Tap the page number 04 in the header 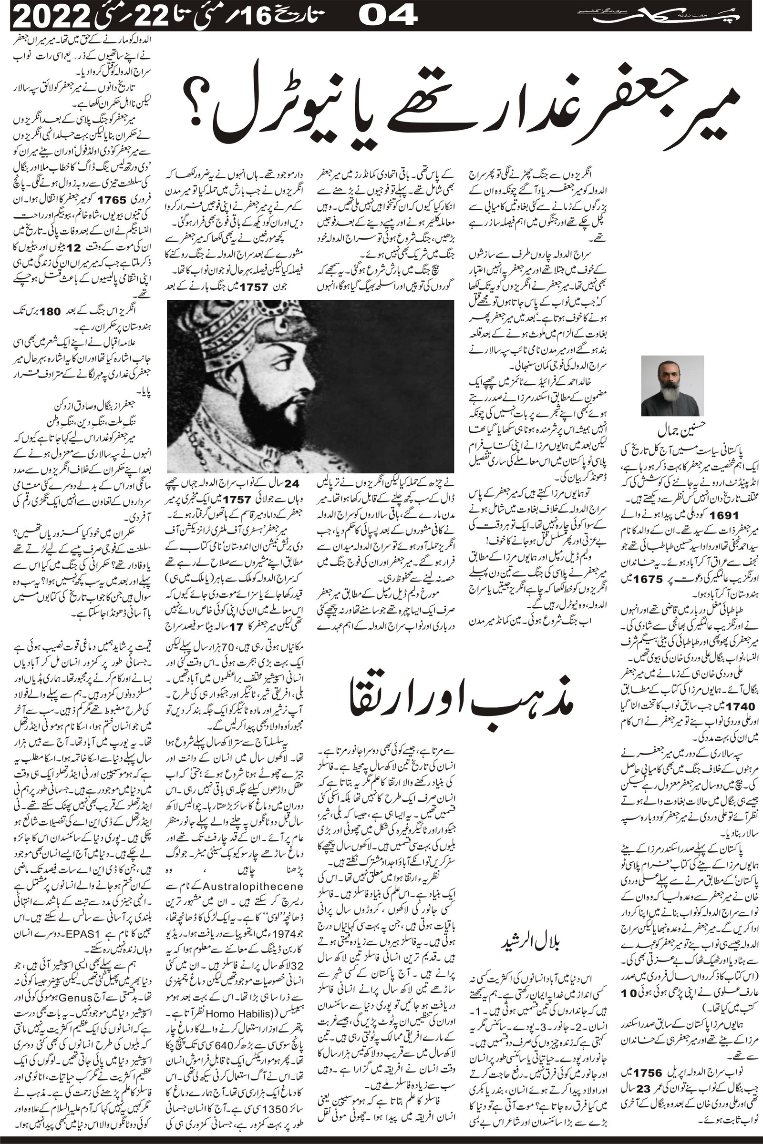pos(388,17)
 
